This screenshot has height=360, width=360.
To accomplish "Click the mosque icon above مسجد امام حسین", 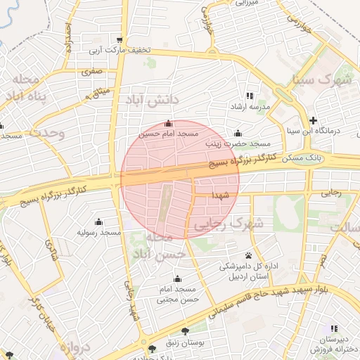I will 167,124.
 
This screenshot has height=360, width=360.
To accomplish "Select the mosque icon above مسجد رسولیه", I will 98,221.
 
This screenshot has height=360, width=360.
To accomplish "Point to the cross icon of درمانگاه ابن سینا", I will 314,120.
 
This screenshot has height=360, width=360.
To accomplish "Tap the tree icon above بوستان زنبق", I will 185,330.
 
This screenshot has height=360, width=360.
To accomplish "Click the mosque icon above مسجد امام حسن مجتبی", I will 177,278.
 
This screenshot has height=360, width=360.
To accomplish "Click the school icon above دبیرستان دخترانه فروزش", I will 335,328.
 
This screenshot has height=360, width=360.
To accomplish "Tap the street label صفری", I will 91,71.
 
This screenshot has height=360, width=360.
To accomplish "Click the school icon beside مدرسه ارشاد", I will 249,96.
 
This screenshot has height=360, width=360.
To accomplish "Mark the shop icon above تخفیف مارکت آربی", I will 120,39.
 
